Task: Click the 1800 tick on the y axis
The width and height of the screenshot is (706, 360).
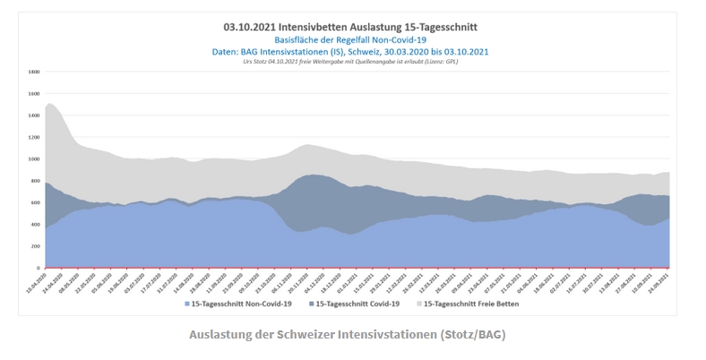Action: (x=34, y=72)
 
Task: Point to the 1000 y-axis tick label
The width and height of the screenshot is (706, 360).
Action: (x=34, y=159)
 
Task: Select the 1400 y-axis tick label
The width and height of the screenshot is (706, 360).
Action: (x=34, y=116)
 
